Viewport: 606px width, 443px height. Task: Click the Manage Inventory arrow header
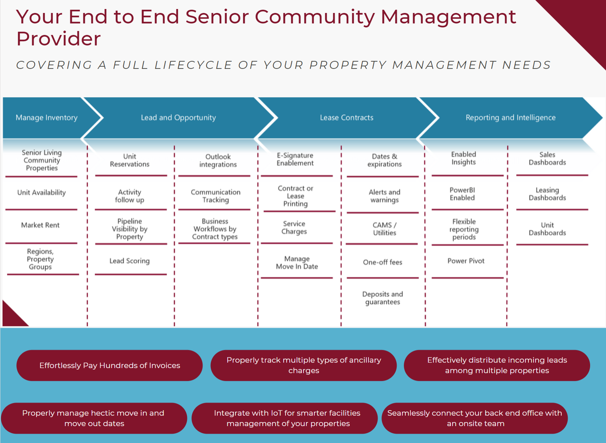point(47,118)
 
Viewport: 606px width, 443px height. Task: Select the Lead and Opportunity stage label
point(178,118)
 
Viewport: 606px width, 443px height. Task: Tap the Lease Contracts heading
point(346,118)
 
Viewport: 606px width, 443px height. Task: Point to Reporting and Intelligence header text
point(510,118)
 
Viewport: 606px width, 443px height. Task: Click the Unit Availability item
point(42,193)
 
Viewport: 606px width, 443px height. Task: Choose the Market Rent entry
point(40,225)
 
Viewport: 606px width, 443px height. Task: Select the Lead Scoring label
point(130,261)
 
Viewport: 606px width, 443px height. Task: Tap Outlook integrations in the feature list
point(218,161)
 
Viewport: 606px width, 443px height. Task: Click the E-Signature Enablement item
point(295,159)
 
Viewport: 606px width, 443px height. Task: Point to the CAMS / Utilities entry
point(384,229)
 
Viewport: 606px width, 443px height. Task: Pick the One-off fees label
point(383,262)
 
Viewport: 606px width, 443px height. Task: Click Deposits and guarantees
point(383,298)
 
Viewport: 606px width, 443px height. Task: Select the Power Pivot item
point(466,261)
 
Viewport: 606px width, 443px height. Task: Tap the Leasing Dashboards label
point(547,194)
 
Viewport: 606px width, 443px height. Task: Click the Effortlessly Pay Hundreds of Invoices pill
point(110,365)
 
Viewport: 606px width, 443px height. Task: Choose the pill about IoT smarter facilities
point(284,418)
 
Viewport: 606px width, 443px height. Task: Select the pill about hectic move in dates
point(94,418)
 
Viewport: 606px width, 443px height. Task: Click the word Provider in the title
point(58,38)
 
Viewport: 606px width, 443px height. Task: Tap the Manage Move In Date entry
point(297,263)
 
